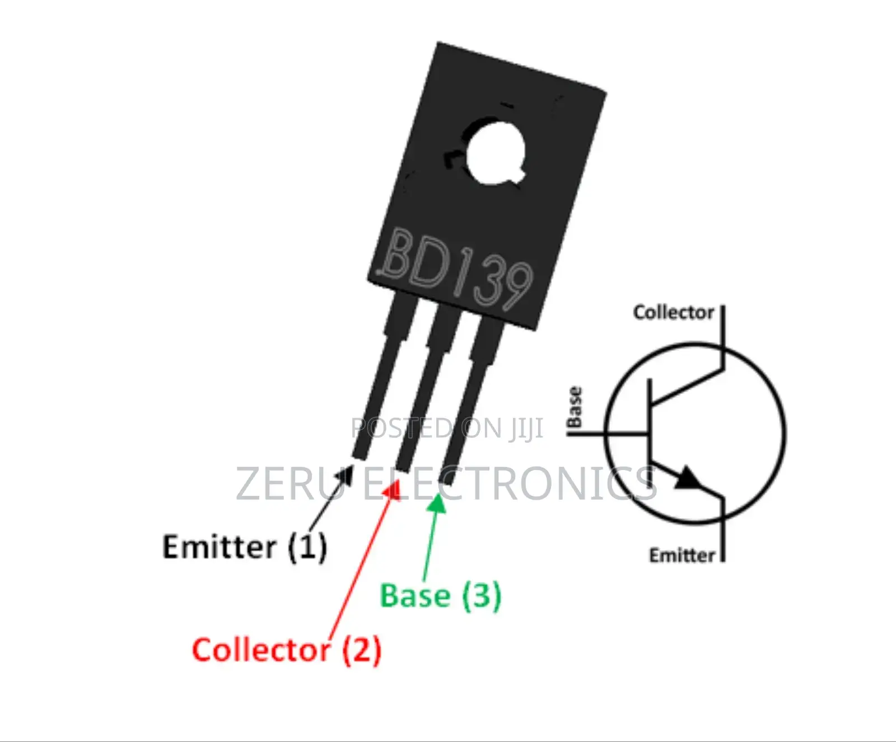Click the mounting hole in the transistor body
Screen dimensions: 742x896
tap(494, 152)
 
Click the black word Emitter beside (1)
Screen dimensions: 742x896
tap(219, 547)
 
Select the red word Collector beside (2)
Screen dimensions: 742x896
tap(261, 650)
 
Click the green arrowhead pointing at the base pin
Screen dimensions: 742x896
tap(437, 503)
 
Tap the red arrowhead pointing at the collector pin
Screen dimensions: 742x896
tap(393, 490)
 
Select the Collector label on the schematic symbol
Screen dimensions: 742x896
tap(673, 312)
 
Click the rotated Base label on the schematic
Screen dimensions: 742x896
tap(575, 407)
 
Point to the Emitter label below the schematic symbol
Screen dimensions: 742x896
tap(682, 555)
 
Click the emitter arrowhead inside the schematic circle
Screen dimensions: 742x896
tap(687, 479)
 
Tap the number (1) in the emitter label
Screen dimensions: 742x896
tap(307, 547)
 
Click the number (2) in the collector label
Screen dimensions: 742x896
tap(362, 650)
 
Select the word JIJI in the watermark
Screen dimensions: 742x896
tap(526, 429)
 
